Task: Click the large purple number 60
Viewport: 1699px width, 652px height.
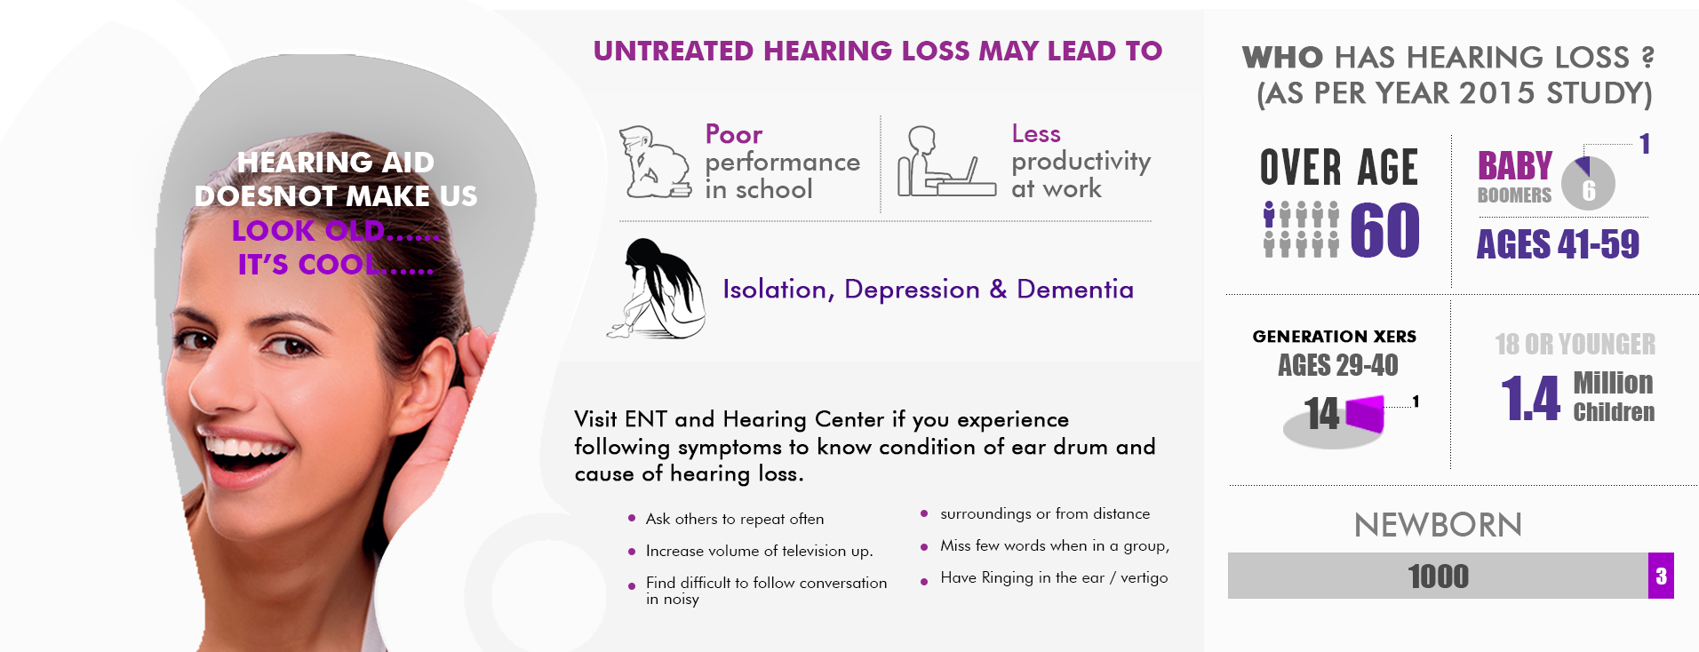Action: click(x=1384, y=230)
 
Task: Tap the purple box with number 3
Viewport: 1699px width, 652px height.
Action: click(x=1661, y=576)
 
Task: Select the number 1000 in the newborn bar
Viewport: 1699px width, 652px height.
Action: click(x=1439, y=576)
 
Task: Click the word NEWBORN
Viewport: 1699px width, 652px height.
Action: click(x=1438, y=525)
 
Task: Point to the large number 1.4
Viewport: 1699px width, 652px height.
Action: click(x=1530, y=398)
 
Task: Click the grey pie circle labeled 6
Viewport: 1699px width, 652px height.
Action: click(x=1588, y=184)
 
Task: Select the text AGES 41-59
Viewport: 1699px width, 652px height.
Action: click(x=1558, y=244)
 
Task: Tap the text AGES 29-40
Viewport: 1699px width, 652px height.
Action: click(x=1337, y=365)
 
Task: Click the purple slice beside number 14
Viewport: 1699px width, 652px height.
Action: click(x=1366, y=413)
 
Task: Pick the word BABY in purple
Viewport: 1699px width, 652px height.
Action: click(x=1515, y=166)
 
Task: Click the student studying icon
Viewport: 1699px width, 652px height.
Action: click(x=656, y=163)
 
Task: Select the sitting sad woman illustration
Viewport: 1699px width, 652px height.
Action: click(x=657, y=289)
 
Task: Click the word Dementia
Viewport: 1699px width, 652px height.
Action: click(x=1075, y=290)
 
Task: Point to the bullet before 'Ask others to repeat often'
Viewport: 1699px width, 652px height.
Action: click(x=632, y=518)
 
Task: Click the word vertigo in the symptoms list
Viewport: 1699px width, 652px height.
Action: click(x=1145, y=578)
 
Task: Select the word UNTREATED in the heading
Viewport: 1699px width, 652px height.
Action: click(x=674, y=51)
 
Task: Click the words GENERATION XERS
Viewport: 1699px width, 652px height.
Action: click(x=1335, y=337)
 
